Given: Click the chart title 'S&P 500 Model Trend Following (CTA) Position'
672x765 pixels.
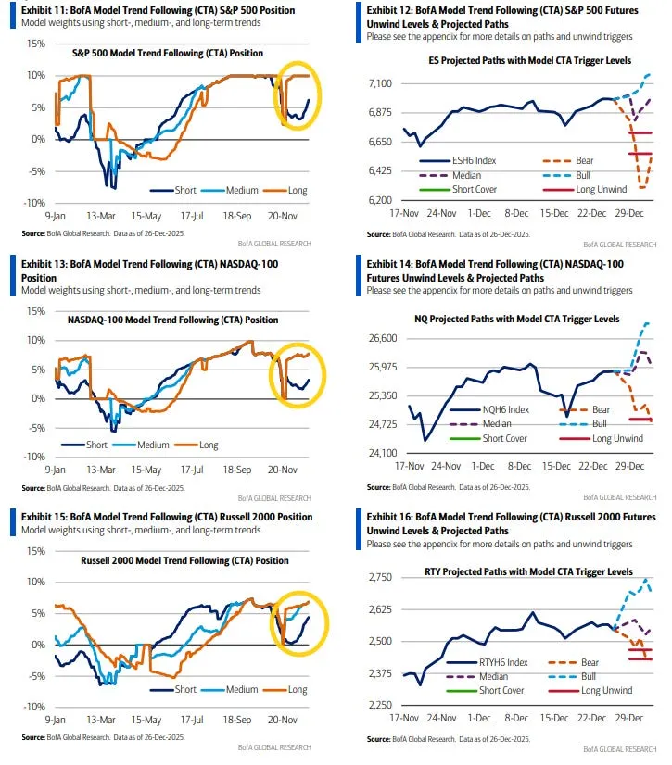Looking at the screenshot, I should pos(168,54).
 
